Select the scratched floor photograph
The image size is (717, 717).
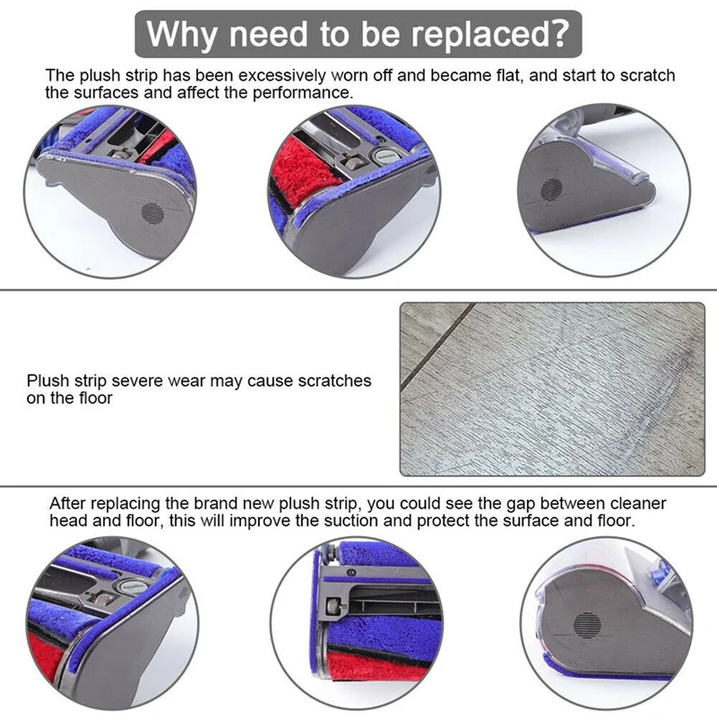pyautogui.click(x=551, y=387)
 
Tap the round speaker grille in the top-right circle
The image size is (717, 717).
pyautogui.click(x=549, y=187)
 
